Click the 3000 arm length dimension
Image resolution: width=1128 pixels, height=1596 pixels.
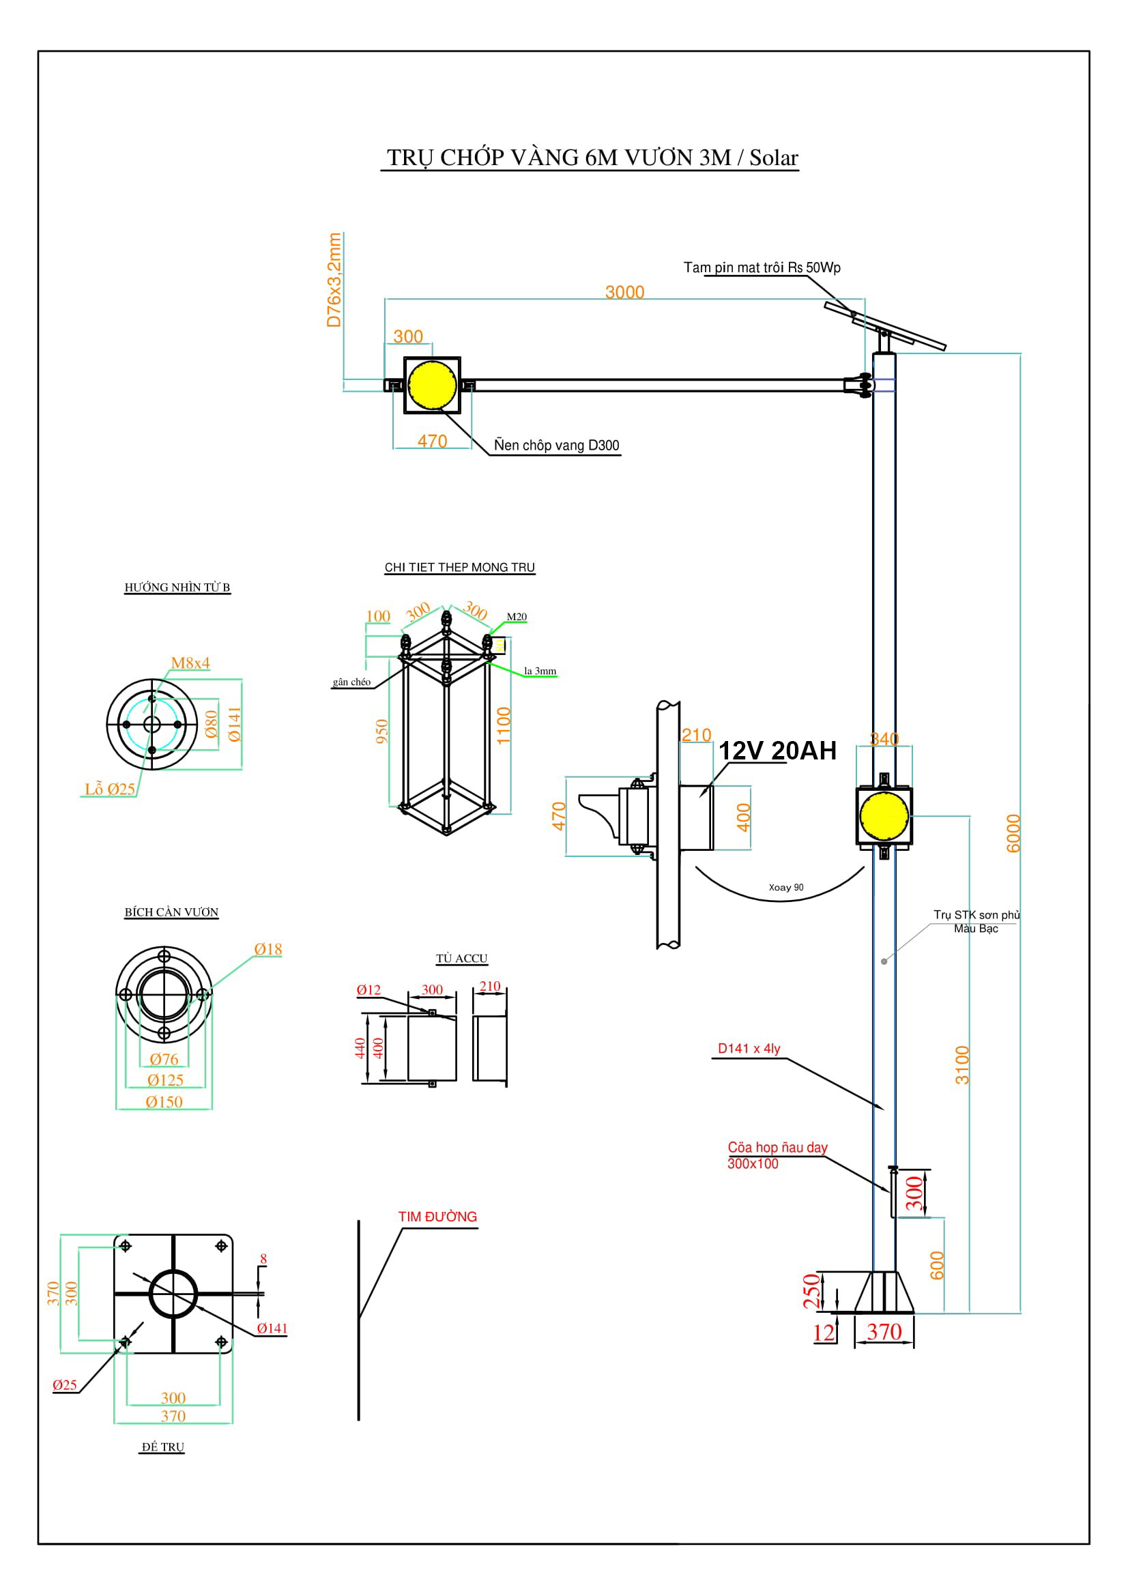624,292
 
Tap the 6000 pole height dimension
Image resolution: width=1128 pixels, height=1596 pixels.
1013,832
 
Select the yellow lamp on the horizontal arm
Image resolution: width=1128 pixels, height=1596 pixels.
431,384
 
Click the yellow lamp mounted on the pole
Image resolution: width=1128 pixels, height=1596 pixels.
883,816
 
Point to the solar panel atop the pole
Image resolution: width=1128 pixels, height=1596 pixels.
884,325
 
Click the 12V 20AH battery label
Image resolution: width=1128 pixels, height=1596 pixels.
777,751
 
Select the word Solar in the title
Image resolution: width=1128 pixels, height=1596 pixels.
774,158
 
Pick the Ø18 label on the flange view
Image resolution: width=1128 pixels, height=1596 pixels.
267,949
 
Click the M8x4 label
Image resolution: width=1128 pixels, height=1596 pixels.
190,663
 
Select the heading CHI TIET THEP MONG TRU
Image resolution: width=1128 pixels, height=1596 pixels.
459,567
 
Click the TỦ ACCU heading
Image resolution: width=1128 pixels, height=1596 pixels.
461,959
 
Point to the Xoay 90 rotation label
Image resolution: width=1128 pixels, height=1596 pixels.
785,887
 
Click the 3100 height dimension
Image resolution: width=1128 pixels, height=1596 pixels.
961,1064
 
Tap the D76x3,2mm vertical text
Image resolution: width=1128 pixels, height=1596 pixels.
334,280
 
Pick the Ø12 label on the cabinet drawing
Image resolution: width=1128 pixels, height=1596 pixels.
368,990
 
